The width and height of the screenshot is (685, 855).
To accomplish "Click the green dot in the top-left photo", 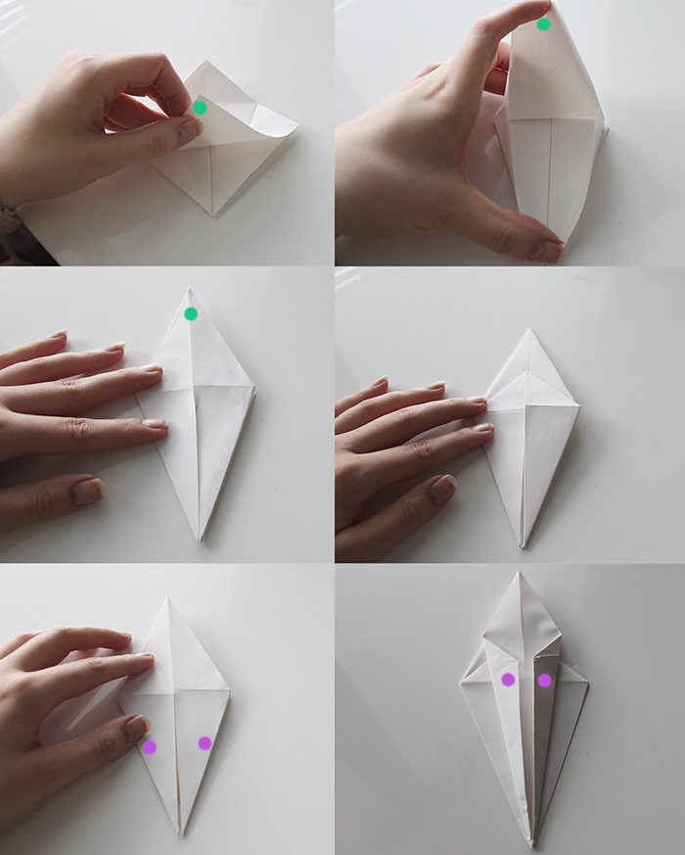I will point(200,108).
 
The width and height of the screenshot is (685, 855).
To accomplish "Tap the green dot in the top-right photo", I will point(543,24).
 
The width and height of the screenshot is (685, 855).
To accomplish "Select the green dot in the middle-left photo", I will point(191,313).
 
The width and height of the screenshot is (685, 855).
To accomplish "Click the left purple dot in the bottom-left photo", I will point(150,746).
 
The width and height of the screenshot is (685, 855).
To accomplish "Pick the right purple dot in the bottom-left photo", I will point(205,743).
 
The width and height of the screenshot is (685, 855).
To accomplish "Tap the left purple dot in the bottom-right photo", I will point(508,679).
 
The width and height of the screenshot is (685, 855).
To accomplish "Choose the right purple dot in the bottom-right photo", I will point(544,680).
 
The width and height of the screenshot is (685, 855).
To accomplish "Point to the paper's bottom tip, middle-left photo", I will point(200,540).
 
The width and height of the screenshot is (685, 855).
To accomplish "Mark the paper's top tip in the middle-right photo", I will point(528,329).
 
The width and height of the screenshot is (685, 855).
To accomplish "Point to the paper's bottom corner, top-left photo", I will point(212,214).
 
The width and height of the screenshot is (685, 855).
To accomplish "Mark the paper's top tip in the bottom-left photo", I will point(168,598).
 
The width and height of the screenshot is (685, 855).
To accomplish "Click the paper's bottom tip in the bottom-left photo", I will point(180,833).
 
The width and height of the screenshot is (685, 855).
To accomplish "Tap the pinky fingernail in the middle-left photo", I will point(87,491).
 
